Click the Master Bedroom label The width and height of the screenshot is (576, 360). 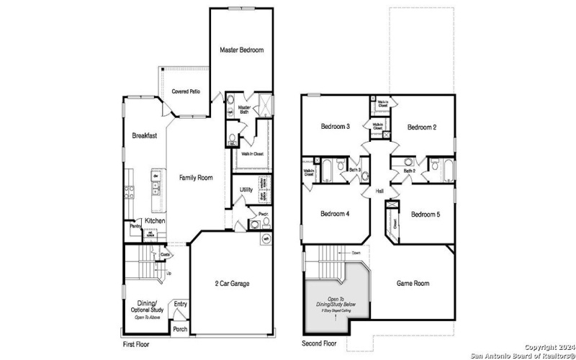241,50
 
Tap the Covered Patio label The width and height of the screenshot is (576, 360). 186,91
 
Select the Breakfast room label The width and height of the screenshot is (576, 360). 144,135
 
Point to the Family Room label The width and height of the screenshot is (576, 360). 194,177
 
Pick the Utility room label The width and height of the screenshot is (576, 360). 246,190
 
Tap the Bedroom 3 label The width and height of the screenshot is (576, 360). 335,127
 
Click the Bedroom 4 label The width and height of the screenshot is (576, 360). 334,214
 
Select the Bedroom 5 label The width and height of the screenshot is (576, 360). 426,214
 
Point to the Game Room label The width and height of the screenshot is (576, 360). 413,284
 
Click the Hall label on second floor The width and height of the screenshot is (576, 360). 379,191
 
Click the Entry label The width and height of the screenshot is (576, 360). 180,304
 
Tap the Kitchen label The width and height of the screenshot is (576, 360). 156,220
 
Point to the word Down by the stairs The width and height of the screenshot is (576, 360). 356,253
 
